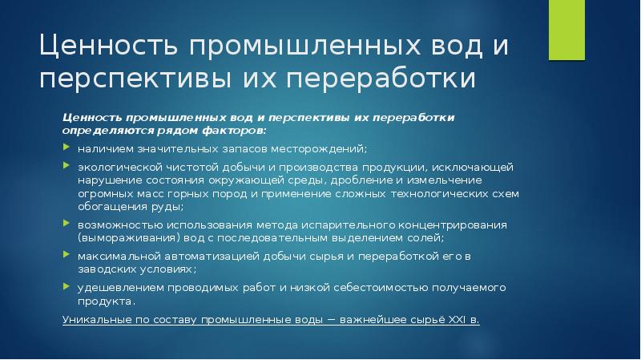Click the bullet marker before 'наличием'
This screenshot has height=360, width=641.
(x=67, y=149)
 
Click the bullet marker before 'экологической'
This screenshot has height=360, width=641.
(x=67, y=167)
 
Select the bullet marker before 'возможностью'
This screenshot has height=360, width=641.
(x=67, y=224)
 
